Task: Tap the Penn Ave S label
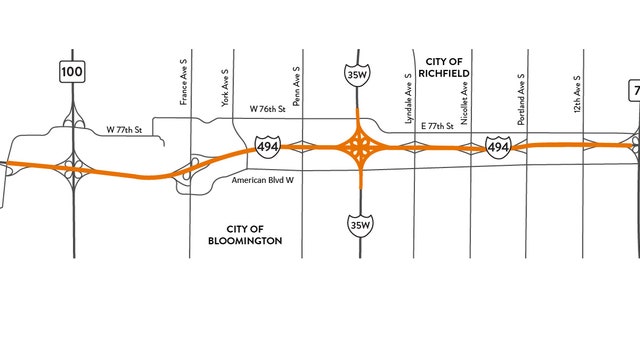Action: (297, 86)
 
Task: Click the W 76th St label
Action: (267, 108)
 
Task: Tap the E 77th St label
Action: (436, 127)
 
